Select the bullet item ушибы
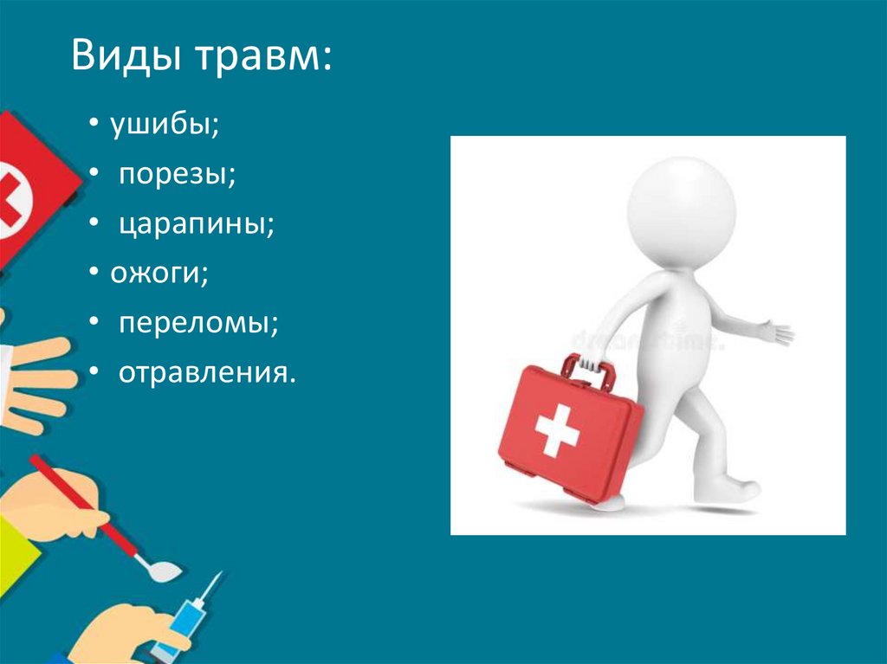pyautogui.click(x=163, y=126)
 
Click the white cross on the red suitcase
pyautogui.click(x=556, y=428)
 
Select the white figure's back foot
pyautogui.click(x=606, y=503)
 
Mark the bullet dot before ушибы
pyautogui.click(x=92, y=126)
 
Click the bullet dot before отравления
pyautogui.click(x=92, y=373)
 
